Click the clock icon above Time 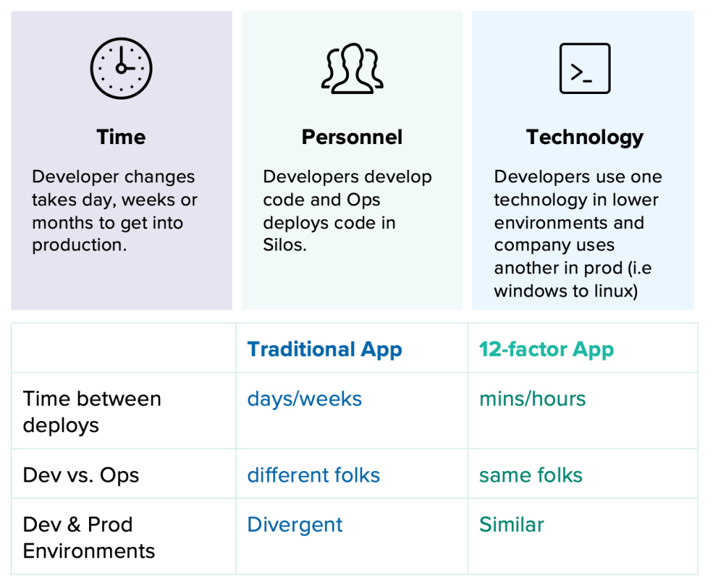(121, 68)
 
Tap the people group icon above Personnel (352, 68)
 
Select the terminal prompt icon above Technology (585, 68)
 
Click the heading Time (121, 137)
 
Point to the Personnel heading (352, 137)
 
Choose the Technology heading (585, 138)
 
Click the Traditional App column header (324, 349)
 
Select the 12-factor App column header (547, 349)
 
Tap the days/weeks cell (305, 399)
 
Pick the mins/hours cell (533, 399)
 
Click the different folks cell (314, 475)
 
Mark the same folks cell (531, 475)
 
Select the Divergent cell (295, 525)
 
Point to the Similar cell (512, 525)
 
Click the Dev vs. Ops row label (81, 475)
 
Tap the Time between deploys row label (93, 412)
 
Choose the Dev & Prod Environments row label (89, 538)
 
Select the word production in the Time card (77, 246)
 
